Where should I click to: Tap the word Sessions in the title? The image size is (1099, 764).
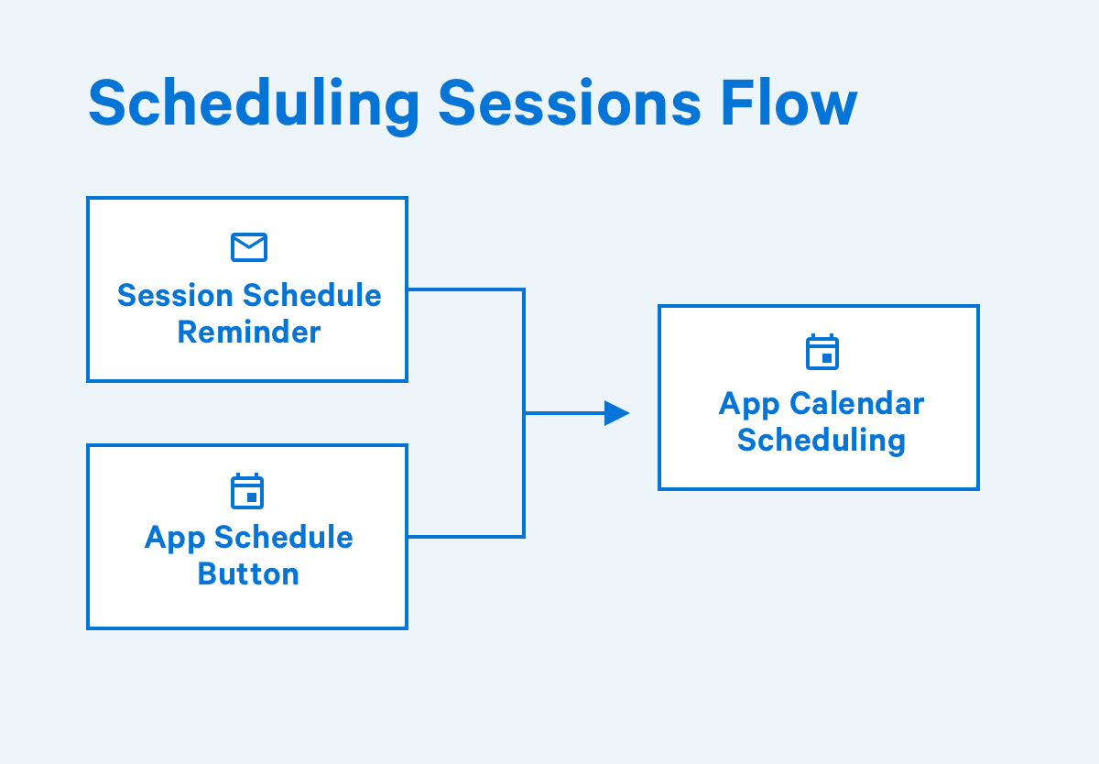tap(570, 103)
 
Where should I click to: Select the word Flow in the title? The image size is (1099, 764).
tap(789, 103)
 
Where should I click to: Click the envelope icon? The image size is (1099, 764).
tap(249, 247)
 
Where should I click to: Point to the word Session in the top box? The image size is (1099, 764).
tap(175, 295)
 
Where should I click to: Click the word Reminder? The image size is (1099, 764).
tap(249, 333)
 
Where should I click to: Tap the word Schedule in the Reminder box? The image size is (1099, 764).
tap(312, 295)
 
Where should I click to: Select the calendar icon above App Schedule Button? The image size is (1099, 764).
tap(247, 491)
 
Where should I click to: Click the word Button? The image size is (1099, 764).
tap(248, 574)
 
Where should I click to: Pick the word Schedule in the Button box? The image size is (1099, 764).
tap(284, 537)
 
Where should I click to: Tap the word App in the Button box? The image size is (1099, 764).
tap(175, 540)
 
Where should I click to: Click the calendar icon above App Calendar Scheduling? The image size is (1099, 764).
tap(822, 352)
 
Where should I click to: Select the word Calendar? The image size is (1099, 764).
tap(856, 404)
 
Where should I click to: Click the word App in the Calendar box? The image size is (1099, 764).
tap(749, 406)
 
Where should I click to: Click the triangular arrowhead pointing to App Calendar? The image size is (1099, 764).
tap(616, 413)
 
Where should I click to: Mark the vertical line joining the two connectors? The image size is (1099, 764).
tap(524, 413)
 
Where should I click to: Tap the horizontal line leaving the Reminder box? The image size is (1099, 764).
tap(466, 290)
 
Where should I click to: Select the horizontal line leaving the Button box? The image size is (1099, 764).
tap(466, 537)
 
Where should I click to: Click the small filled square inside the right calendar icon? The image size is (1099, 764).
tap(827, 358)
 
